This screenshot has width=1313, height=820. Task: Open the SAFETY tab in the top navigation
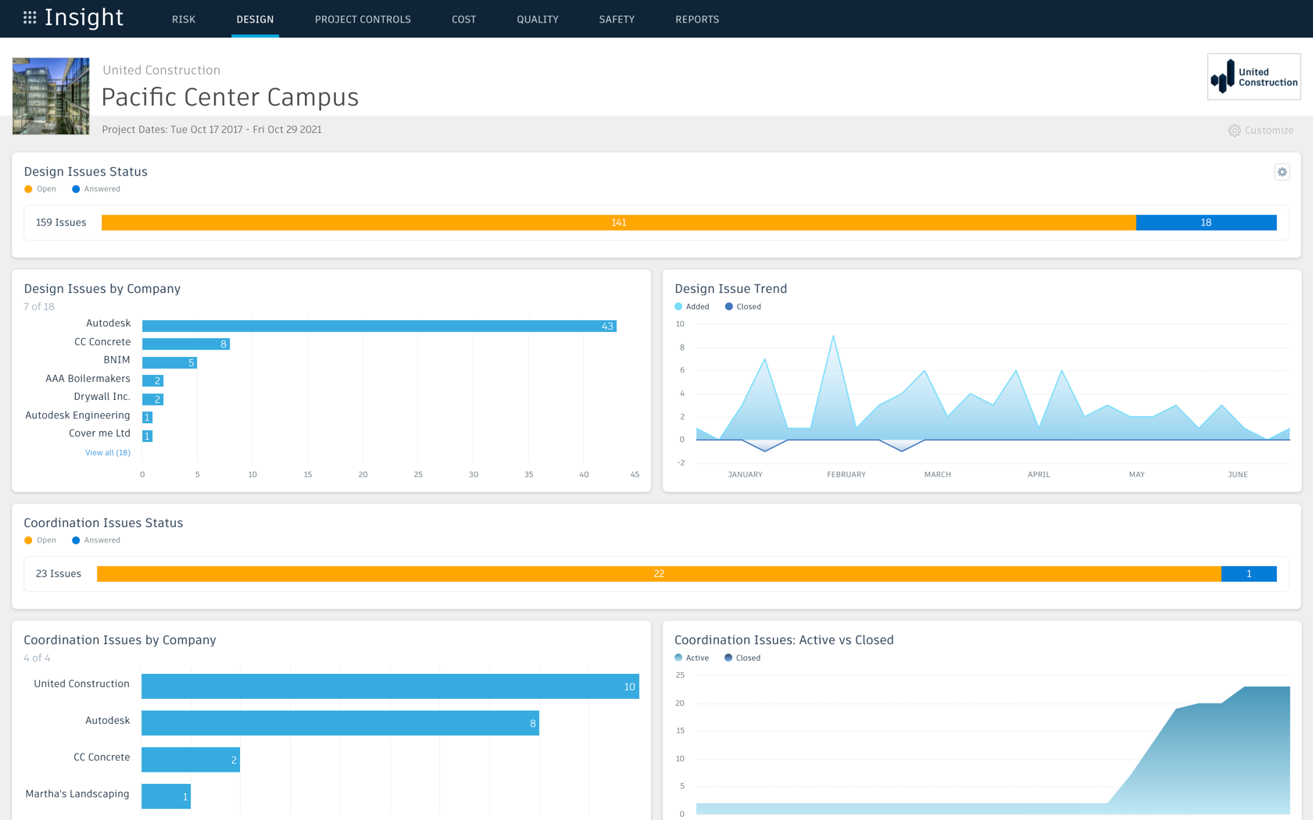tap(617, 20)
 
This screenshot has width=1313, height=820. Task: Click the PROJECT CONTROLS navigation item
tap(363, 20)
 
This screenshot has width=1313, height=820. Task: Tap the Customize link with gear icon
tap(1261, 130)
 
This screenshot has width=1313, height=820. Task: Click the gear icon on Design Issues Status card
tap(1282, 172)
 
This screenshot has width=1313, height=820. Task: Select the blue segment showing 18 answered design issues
tap(1205, 223)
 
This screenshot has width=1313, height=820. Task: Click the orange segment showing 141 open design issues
tap(618, 223)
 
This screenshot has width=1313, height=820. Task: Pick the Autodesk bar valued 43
tap(379, 326)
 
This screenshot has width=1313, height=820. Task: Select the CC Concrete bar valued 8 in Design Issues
tap(186, 344)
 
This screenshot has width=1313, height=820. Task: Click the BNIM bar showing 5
tap(169, 362)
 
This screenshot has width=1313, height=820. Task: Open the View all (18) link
tap(108, 453)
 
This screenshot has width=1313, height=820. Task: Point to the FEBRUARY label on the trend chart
tap(846, 475)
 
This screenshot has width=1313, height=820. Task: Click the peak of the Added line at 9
tap(833, 337)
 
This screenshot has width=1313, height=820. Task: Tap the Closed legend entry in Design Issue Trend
tap(742, 307)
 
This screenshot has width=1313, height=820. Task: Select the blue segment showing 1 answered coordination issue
tap(1248, 574)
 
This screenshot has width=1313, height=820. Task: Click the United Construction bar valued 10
tap(390, 686)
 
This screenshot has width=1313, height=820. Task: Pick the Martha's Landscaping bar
tap(166, 797)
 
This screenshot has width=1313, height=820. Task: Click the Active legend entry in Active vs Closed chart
tap(692, 658)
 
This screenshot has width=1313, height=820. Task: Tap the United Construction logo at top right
tap(1254, 77)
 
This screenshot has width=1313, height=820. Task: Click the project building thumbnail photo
tap(51, 96)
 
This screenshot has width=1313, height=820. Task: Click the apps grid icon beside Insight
tap(30, 17)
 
